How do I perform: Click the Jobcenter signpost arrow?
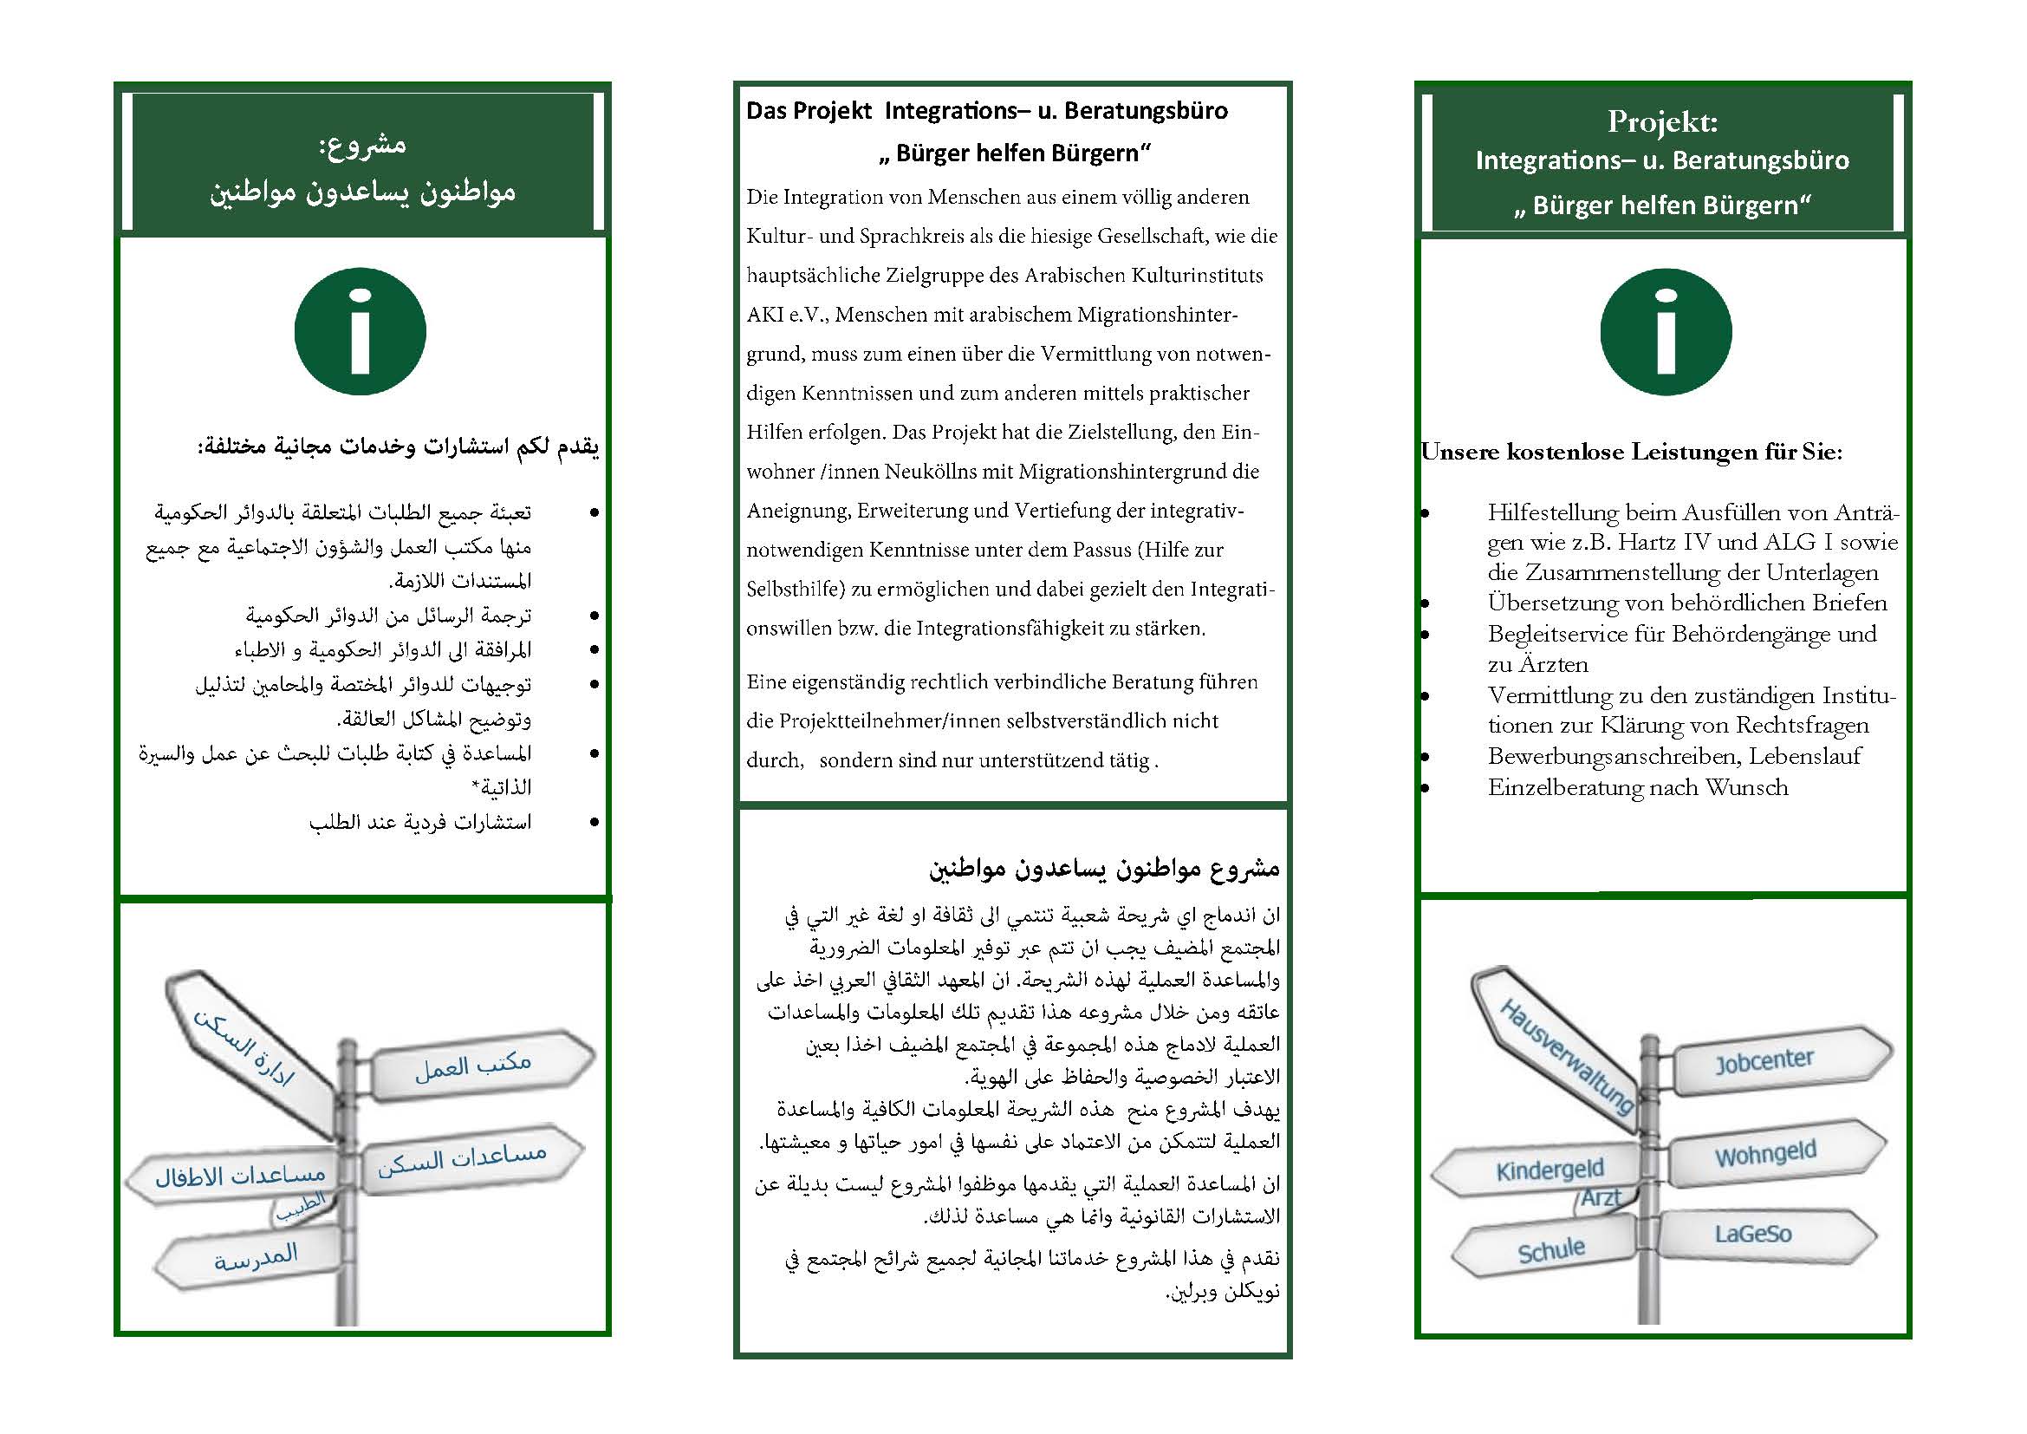(x=1775, y=1062)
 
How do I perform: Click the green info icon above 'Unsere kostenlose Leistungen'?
(x=1665, y=332)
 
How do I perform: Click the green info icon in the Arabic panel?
(x=361, y=332)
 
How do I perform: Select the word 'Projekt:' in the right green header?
(x=1662, y=122)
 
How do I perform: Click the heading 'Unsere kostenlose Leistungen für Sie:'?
(x=1632, y=452)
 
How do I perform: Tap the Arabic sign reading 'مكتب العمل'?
(x=474, y=1066)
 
